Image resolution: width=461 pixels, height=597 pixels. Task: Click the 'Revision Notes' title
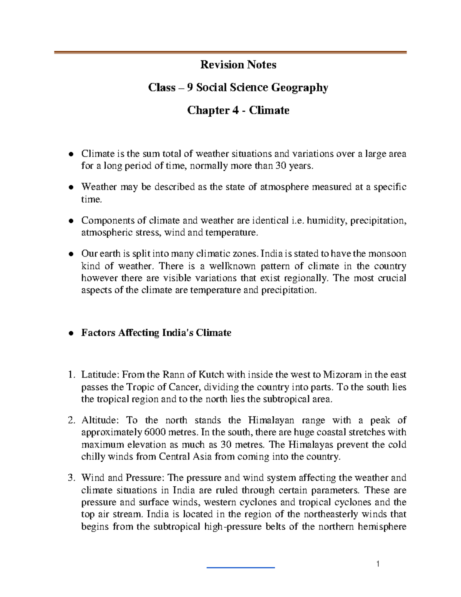pyautogui.click(x=238, y=65)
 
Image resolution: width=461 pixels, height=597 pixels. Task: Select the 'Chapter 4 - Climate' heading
pyautogui.click(x=238, y=110)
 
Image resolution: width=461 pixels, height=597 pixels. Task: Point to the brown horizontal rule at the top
pyautogui.click(x=230, y=52)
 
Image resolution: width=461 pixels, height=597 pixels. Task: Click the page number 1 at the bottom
pyautogui.click(x=378, y=564)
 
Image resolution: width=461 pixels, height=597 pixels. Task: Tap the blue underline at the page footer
pyautogui.click(x=240, y=567)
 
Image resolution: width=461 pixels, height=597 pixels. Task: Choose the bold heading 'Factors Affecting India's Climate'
pyautogui.click(x=156, y=333)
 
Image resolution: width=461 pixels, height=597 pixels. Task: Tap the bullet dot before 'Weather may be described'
pyautogui.click(x=71, y=188)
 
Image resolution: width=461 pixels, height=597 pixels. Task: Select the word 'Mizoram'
pyautogui.click(x=342, y=374)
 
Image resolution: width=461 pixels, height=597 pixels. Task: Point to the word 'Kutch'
pyautogui.click(x=211, y=374)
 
